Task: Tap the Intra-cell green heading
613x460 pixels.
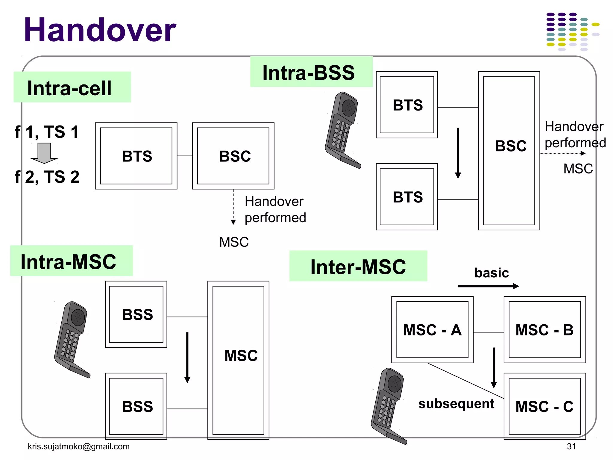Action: [72, 87]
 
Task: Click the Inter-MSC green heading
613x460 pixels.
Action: [358, 267]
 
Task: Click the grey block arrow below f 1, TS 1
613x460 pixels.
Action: [44, 153]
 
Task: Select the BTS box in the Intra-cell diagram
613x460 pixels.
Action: [136, 156]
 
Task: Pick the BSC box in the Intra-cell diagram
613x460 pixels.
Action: [233, 156]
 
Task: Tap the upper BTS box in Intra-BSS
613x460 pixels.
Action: [407, 105]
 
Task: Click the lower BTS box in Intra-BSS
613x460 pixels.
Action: [407, 197]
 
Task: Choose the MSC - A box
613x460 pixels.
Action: [432, 330]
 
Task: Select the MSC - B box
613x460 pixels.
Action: [544, 330]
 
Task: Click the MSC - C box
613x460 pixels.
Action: [544, 406]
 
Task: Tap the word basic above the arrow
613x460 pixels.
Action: [491, 273]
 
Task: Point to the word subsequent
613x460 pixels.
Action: [456, 404]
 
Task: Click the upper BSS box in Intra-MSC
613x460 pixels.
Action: [136, 314]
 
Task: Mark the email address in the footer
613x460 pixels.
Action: [79, 447]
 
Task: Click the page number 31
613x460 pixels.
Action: [571, 447]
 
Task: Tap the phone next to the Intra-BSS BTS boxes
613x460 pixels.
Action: [343, 130]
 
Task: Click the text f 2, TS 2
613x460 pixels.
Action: [47, 177]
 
